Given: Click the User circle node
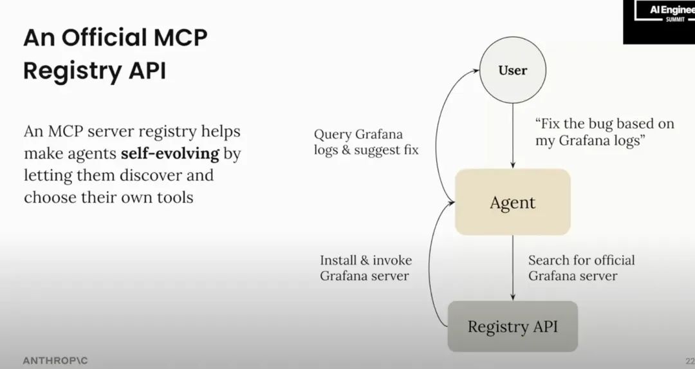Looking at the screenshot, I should click(x=512, y=70).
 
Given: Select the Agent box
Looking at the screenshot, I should click(x=512, y=202).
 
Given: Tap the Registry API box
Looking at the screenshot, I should click(x=512, y=326).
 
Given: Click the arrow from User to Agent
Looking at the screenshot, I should click(x=512, y=135).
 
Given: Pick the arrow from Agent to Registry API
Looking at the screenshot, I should click(x=512, y=267).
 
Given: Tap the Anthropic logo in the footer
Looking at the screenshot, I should click(x=55, y=360).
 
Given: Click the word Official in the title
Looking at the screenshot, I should click(x=107, y=38).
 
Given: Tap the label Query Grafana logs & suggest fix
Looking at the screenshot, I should click(x=366, y=142).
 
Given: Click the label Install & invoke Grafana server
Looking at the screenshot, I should click(x=366, y=268).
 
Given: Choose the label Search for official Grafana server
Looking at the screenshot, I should click(x=581, y=268).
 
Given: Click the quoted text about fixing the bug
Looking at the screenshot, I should click(x=604, y=132).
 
